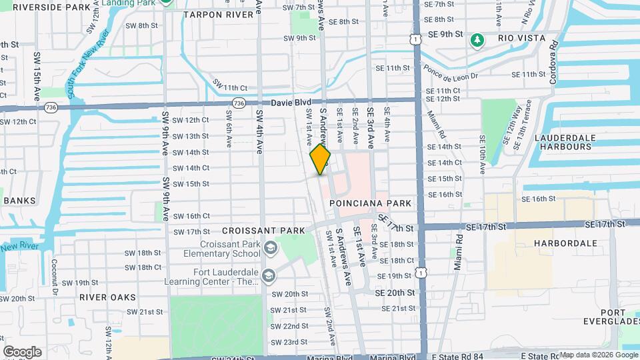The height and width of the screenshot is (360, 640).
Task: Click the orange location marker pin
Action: tap(321, 159)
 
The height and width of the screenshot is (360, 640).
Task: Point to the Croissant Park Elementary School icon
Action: tap(270, 249)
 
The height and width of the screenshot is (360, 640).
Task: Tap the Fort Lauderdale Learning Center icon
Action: tap(268, 276)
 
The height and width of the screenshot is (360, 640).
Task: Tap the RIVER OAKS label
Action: tap(107, 297)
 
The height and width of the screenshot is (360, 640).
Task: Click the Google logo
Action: tap(22, 352)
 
